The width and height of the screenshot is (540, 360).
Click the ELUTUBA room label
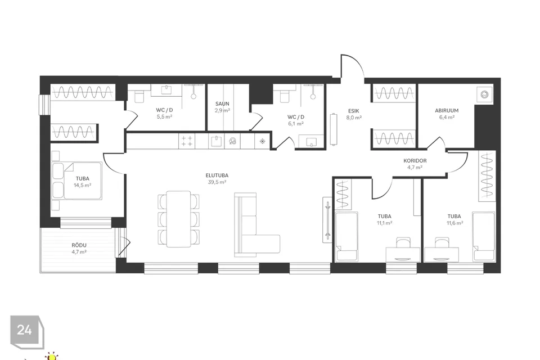coord(217,175)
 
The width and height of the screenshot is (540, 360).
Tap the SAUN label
coord(222,103)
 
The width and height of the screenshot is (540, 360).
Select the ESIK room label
coord(354,111)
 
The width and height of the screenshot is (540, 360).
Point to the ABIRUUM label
coord(447,111)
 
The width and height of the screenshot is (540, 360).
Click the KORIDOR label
coord(415,160)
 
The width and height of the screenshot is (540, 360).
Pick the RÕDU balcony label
coord(79,245)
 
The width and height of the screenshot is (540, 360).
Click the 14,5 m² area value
coord(82,185)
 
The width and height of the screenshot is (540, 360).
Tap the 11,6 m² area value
coord(454,223)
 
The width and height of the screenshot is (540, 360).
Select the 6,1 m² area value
coord(296,124)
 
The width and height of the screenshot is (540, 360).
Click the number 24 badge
coord(25,330)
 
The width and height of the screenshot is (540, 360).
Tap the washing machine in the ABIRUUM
coord(485,94)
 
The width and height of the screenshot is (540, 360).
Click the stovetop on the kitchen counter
coord(187,141)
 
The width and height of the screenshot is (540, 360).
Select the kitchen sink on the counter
coord(216,141)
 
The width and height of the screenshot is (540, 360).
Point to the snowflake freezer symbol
coord(263,141)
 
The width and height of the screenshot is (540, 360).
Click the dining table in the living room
coord(178,219)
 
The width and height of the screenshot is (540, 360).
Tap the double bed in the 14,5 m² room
coord(77,181)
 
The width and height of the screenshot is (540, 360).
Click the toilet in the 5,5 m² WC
coord(139,96)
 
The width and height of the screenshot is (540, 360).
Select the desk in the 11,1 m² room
coord(403,255)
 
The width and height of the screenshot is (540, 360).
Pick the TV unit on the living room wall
coord(327,220)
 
